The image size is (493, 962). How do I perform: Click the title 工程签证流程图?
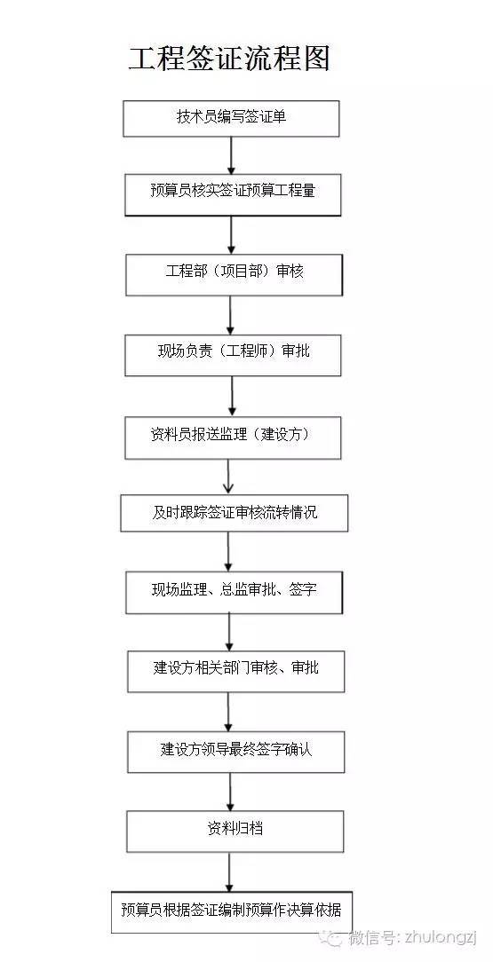[229, 59]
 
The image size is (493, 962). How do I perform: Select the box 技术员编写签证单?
[231, 119]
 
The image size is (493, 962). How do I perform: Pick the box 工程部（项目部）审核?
[234, 275]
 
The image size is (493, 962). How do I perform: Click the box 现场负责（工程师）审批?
[234, 355]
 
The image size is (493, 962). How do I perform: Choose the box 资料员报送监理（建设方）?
[234, 438]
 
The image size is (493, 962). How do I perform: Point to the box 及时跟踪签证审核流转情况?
[234, 513]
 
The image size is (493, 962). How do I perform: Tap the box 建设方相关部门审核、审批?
[235, 671]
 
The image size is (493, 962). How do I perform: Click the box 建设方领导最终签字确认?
[235, 752]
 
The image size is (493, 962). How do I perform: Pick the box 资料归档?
[235, 831]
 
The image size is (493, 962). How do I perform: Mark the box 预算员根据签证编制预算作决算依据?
[236, 911]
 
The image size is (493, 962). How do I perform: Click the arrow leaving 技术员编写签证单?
[231, 156]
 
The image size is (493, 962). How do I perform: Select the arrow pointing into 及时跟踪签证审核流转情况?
[229, 477]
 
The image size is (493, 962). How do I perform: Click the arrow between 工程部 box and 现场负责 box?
[231, 314]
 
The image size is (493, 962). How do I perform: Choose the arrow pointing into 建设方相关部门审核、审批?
[230, 632]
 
